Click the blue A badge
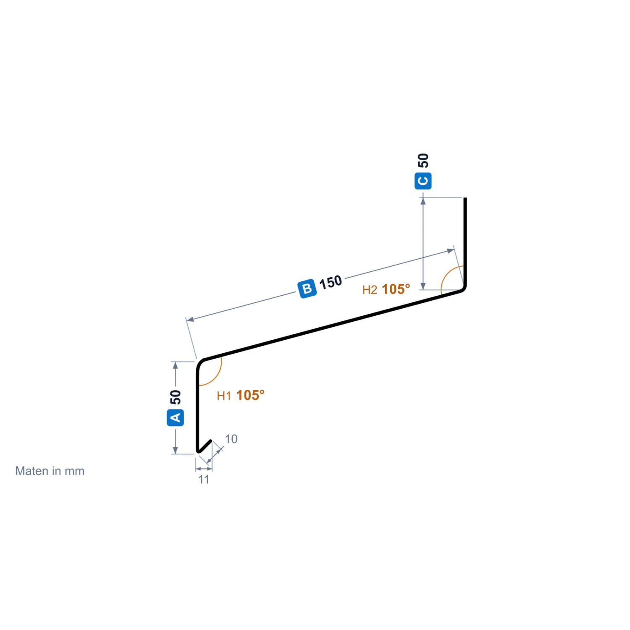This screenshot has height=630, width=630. coord(175,417)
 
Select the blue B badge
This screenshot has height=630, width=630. coord(307,289)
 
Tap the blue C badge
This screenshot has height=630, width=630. coord(423,181)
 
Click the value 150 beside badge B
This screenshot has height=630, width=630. coord(331,282)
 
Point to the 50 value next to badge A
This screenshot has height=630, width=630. coord(175,397)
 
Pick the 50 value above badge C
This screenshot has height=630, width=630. coord(423,160)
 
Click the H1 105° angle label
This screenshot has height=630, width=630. coord(241,395)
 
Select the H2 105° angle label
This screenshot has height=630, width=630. coord(386,289)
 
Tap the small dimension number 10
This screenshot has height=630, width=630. coord(231,439)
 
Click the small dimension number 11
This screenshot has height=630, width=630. coord(204,479)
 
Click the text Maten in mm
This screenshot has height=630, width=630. coord(50,471)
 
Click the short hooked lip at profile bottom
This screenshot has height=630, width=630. coord(205,446)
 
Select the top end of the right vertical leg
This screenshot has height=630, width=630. coord(465,198)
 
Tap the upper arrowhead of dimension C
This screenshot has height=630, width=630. coord(423,201)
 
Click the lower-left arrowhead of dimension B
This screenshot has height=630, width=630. coord(190,320)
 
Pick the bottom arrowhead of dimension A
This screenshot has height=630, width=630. coord(175,450)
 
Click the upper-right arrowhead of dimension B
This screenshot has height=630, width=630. coord(451,251)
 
